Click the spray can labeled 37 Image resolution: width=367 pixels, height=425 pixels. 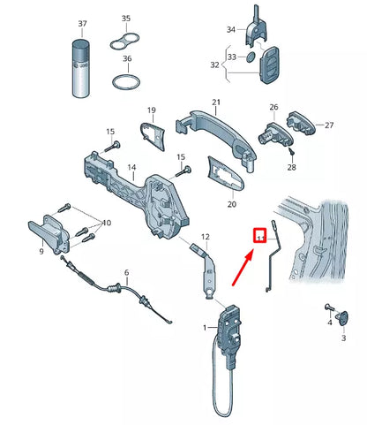80,68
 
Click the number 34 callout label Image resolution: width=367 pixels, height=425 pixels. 231,29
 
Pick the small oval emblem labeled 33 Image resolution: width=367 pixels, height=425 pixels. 251,57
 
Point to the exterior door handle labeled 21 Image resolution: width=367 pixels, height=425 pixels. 216,136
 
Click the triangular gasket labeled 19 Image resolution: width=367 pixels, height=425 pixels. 153,136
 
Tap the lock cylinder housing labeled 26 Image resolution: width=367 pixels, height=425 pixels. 274,134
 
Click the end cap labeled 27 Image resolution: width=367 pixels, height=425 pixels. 301,123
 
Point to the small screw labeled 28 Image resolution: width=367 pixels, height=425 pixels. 292,152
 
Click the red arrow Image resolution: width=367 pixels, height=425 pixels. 243,268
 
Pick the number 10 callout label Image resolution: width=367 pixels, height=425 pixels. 107,223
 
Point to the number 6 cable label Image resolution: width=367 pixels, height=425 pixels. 126,272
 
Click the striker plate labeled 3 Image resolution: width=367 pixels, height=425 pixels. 343,318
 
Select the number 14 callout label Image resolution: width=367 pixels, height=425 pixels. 131,167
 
